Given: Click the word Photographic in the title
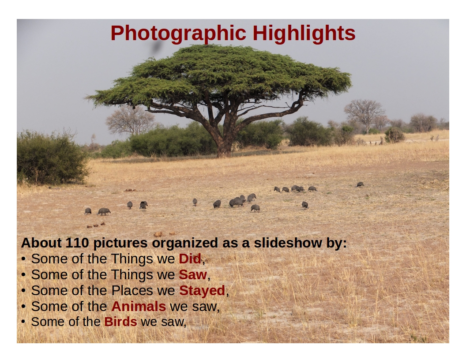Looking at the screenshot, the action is click(178, 34).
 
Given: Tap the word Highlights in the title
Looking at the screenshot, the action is click(304, 34).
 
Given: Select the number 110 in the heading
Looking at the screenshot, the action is click(77, 243).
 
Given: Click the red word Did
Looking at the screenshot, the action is click(190, 259).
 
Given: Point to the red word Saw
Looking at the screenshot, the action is click(192, 274).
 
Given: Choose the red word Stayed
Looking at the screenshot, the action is click(202, 291).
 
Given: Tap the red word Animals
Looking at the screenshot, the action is click(139, 306).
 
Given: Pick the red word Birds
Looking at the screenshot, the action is click(120, 322).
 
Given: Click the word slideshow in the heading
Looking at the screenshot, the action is click(288, 243).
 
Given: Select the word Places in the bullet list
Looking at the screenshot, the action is click(132, 290).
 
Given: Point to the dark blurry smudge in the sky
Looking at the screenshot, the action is click(156, 47).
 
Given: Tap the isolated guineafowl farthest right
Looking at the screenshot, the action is click(360, 184).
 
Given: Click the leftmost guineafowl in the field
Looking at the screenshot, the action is click(88, 211).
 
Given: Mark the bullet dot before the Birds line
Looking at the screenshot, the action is click(23, 322).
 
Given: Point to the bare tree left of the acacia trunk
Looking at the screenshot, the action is click(130, 120).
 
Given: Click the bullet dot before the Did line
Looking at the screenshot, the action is click(23, 259).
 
